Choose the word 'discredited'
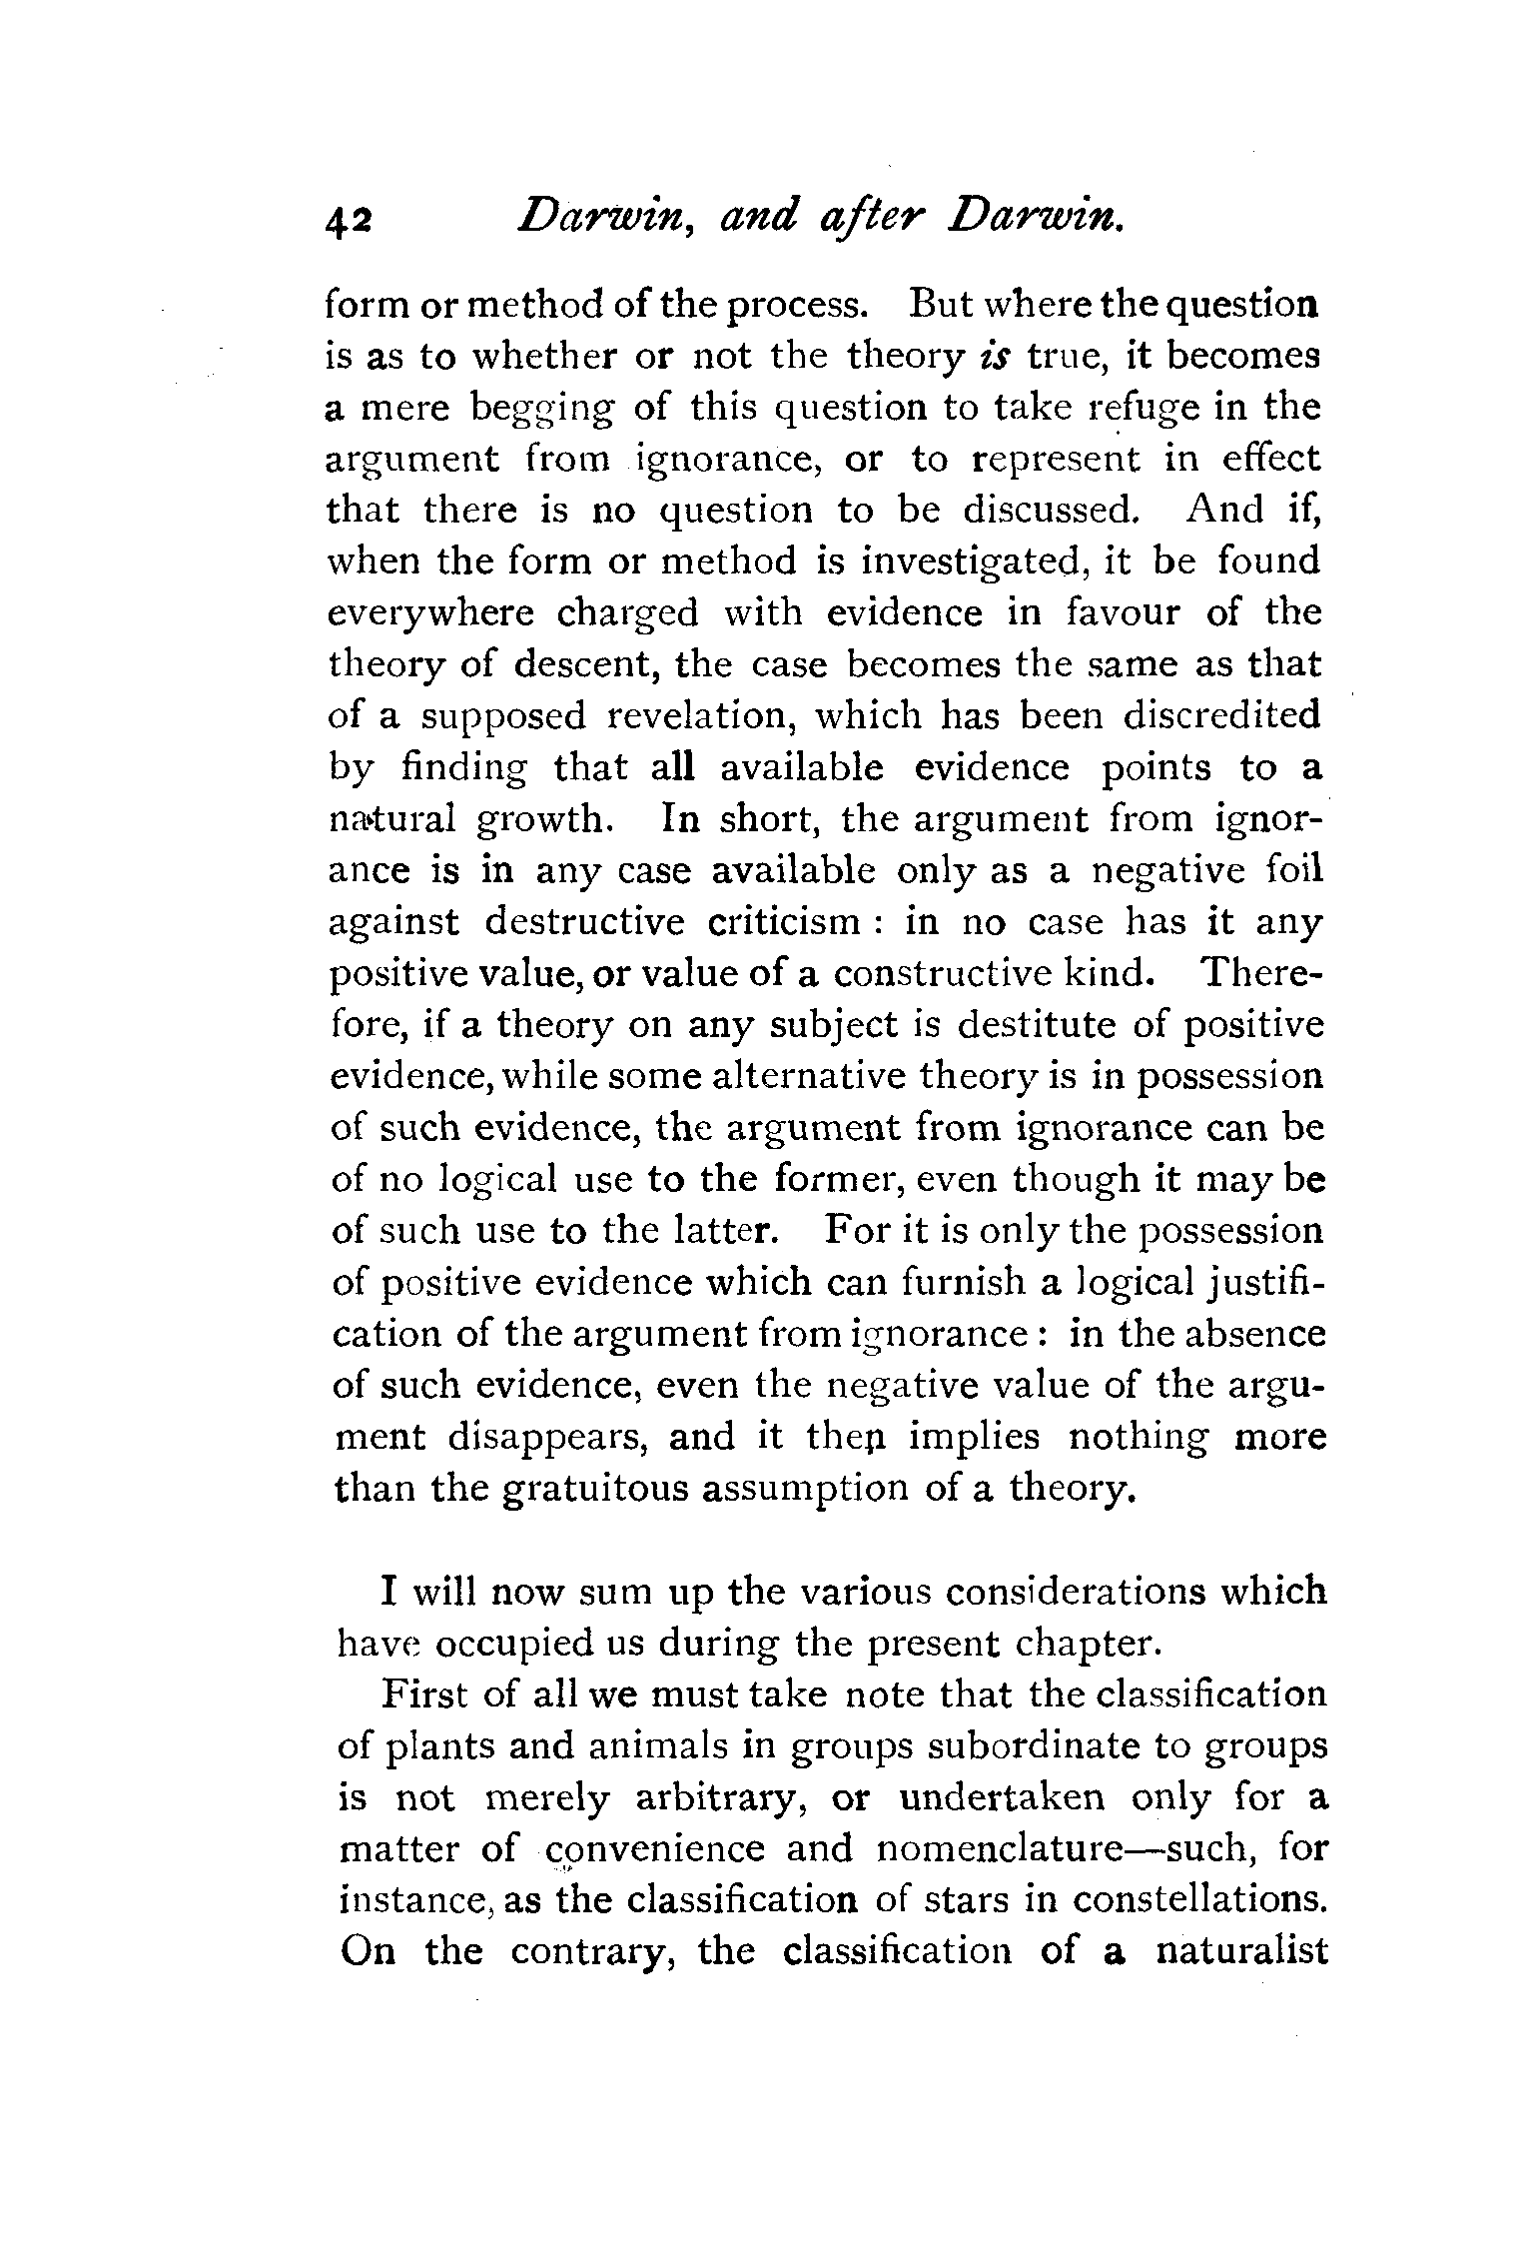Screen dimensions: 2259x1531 pyautogui.click(x=1221, y=715)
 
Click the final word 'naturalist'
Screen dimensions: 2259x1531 pyautogui.click(x=1241, y=1952)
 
